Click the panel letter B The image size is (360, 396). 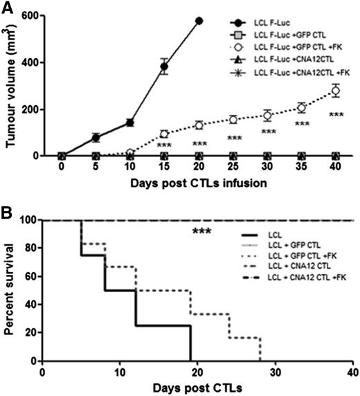coord(8,208)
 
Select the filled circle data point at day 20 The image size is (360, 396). coord(199,21)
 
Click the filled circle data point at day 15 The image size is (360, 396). coord(164,67)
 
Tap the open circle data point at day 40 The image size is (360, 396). coord(336,91)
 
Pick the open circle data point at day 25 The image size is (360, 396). coord(233,119)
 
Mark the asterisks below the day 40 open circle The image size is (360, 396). coord(336,115)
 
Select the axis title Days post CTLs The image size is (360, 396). coord(198,387)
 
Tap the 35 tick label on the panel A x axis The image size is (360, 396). coord(301,168)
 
